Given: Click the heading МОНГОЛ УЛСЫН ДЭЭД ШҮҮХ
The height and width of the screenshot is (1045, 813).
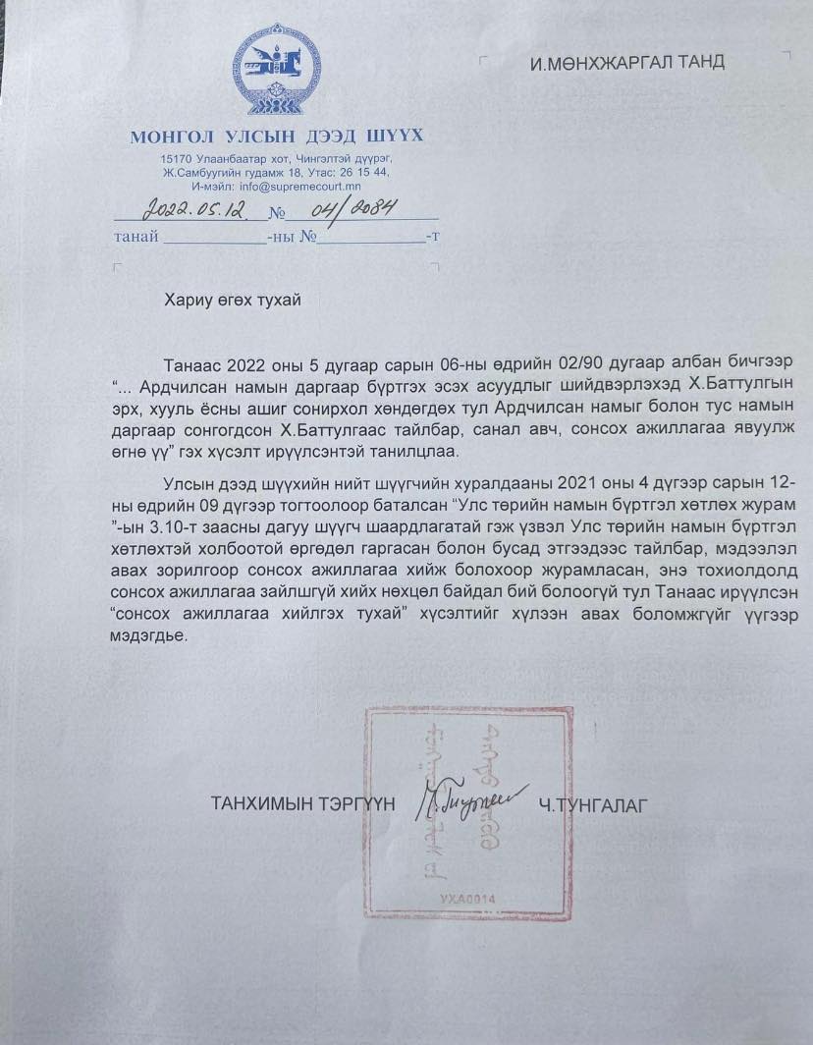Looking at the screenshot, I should [x=276, y=137].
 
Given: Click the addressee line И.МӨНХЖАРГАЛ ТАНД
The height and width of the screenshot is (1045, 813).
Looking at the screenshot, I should [x=626, y=62].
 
